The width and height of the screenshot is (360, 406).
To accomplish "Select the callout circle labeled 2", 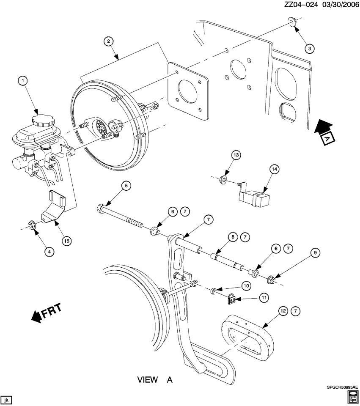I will pyautogui.click(x=109, y=41).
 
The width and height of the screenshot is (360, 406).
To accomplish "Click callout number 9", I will pyautogui.click(x=315, y=253).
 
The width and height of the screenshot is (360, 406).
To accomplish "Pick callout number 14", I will pyautogui.click(x=275, y=169).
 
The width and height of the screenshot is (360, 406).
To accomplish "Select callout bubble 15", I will pyautogui.click(x=66, y=241).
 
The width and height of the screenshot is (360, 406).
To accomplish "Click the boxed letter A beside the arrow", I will pyautogui.click(x=327, y=138).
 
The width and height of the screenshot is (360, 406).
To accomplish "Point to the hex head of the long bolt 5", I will pyautogui.click(x=102, y=208).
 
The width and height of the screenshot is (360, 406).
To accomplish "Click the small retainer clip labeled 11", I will pyautogui.click(x=231, y=299).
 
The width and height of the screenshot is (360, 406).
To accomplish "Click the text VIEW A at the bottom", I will pyautogui.click(x=155, y=380).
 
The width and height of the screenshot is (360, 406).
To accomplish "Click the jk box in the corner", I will pyautogui.click(x=6, y=399).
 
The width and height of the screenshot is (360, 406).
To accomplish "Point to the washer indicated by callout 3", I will pyautogui.click(x=292, y=21).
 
